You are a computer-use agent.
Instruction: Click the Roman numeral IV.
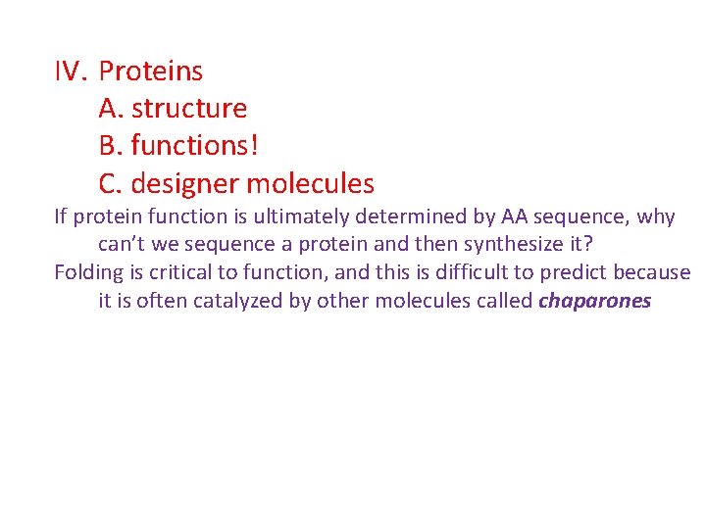click(x=72, y=72)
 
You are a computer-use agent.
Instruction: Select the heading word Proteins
click(x=151, y=72)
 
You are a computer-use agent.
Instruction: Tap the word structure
click(x=189, y=109)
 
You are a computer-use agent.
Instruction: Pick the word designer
click(x=183, y=183)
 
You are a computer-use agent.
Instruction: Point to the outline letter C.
click(x=110, y=183)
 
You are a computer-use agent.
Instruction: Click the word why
click(x=656, y=216)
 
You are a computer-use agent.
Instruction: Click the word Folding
click(x=86, y=272)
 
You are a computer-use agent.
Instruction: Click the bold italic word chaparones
click(x=595, y=301)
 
